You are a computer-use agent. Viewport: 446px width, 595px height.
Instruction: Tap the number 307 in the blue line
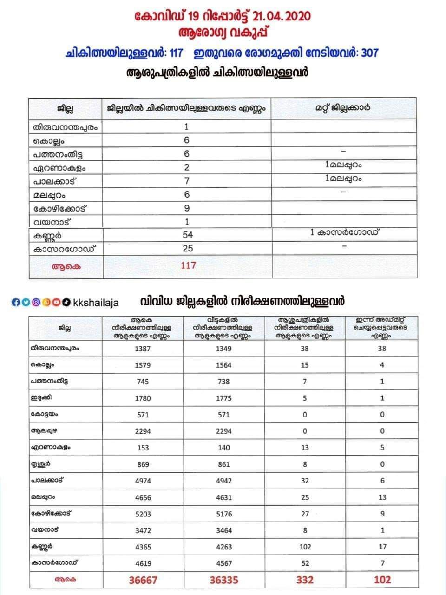(369, 53)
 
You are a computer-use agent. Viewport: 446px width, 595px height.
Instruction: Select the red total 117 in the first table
(188, 265)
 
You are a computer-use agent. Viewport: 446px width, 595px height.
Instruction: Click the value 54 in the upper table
(188, 235)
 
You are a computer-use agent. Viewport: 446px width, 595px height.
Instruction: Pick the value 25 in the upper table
(188, 248)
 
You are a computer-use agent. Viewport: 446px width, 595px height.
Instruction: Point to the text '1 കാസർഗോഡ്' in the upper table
(344, 232)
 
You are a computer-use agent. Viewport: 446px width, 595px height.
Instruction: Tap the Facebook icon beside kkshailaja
(15, 302)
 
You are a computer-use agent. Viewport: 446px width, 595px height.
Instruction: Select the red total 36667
(143, 580)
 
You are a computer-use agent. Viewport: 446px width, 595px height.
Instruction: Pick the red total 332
(305, 580)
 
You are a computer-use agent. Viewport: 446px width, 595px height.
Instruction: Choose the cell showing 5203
(143, 514)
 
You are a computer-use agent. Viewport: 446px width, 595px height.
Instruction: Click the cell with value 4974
(143, 481)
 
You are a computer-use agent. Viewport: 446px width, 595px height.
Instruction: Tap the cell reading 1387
(143, 349)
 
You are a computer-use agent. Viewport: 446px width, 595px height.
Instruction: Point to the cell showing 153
(143, 448)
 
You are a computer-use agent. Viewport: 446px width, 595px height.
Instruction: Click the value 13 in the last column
(382, 497)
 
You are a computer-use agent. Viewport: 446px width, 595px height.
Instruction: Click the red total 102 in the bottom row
(382, 580)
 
